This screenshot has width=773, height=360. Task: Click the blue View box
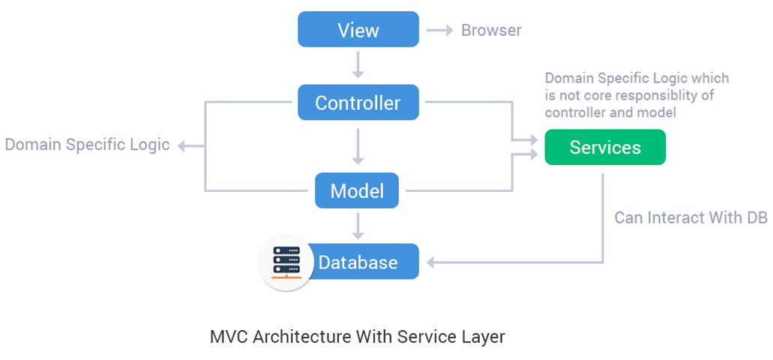tap(358, 31)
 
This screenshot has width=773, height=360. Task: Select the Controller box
tap(358, 103)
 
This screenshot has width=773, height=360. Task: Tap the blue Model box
tap(357, 190)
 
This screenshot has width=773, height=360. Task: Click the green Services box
tap(605, 147)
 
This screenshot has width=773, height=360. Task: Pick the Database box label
tap(358, 262)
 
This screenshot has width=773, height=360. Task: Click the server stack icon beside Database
tap(286, 262)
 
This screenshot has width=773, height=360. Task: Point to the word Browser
tap(491, 31)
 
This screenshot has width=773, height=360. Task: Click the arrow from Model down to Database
tap(358, 224)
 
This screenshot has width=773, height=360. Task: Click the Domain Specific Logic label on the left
tap(88, 145)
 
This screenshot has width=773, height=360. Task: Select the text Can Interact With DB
tap(691, 217)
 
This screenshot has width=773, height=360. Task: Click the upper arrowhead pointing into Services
tap(533, 139)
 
